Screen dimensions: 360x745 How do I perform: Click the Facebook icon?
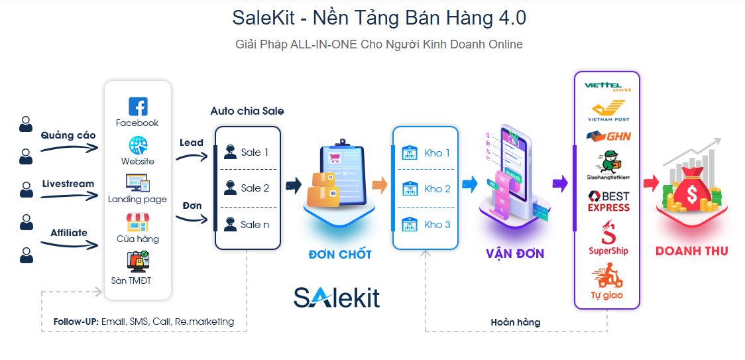pos(138,106)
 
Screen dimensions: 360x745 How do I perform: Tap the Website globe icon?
pos(138,145)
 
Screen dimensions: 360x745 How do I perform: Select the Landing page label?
pos(137,199)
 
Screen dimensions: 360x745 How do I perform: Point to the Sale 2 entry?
pos(247,188)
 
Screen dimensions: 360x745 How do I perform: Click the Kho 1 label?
pos(437,153)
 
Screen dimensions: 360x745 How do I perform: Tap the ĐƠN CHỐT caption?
pos(340,255)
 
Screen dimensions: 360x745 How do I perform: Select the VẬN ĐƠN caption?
pos(515,254)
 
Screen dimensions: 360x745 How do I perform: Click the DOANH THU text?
pos(691,251)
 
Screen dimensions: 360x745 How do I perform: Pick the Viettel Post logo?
pos(607,86)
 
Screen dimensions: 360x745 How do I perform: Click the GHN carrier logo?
pos(608,136)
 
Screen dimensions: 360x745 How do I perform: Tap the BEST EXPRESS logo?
pos(608,202)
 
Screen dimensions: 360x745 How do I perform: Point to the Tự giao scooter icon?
pos(606,275)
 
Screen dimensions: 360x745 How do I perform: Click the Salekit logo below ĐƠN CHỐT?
pos(337,297)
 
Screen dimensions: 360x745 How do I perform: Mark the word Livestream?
pos(68,184)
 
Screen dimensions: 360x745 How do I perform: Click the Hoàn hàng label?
pos(515,322)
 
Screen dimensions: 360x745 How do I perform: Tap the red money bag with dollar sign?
pos(692,192)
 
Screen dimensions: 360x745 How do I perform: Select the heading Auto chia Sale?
pos(247,111)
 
